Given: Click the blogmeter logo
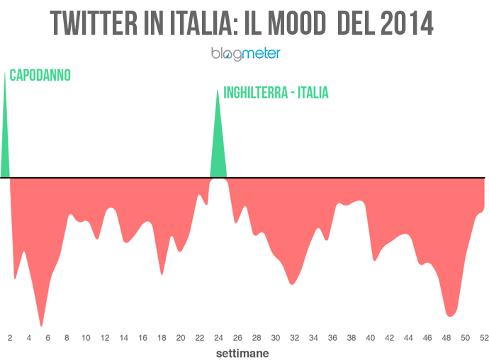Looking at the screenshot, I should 246,53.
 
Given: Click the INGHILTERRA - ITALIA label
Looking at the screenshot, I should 276,93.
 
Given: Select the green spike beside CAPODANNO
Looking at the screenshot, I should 5,135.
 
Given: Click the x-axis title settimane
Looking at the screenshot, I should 242,351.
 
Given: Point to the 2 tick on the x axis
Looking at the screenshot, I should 10,338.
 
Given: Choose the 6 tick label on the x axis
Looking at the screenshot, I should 47,338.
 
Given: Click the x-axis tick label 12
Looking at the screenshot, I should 105,338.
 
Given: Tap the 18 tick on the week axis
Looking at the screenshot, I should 162,338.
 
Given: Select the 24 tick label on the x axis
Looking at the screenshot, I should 218,338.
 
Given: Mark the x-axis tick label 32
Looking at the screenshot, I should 294,338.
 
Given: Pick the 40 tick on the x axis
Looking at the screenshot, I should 370,338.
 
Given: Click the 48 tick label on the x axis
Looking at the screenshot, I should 446,338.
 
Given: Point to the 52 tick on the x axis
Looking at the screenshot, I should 483,338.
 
